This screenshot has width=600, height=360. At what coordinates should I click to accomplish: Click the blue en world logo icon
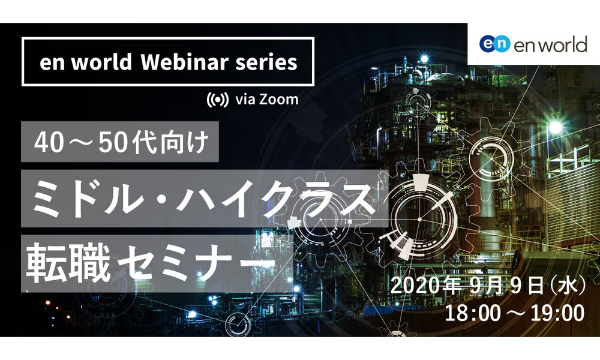tap(495, 44)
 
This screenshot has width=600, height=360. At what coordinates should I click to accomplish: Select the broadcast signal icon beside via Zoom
tap(218, 100)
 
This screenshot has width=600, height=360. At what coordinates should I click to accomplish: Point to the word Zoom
tap(279, 100)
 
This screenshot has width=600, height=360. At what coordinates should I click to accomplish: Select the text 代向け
tap(170, 142)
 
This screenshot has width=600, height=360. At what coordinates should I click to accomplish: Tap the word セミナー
tap(197, 264)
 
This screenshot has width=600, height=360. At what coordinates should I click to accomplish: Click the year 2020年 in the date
tap(425, 286)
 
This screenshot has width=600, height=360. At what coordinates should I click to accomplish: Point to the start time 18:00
tap(473, 313)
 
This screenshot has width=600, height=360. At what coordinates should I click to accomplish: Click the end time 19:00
tap(557, 313)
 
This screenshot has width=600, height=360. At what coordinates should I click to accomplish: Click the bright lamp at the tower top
tap(424, 59)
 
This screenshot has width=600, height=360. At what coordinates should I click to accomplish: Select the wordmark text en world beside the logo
tap(551, 44)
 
